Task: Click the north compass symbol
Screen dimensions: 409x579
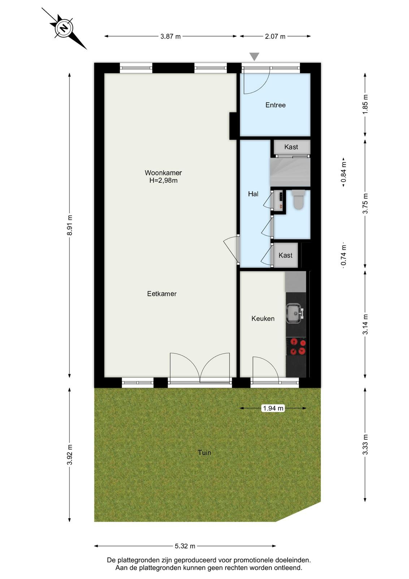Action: click(64, 28)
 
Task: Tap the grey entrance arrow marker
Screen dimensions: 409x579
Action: click(254, 56)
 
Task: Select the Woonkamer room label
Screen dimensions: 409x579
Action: click(163, 173)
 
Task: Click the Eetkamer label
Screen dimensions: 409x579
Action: click(162, 293)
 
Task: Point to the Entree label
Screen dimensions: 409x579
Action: click(275, 105)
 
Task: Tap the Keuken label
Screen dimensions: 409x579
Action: click(263, 318)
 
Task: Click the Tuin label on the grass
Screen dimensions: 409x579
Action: click(204, 453)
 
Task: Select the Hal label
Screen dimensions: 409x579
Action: click(253, 194)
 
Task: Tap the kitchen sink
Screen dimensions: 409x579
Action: click(295, 313)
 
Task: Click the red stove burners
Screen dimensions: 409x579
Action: click(297, 347)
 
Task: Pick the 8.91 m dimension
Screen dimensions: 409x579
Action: click(69, 225)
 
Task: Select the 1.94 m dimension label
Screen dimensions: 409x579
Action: click(273, 408)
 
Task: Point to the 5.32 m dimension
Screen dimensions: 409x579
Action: click(185, 546)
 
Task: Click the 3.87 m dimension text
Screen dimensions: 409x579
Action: click(171, 37)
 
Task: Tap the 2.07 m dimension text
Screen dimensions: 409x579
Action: click(275, 37)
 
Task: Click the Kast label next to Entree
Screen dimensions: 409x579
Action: click(291, 147)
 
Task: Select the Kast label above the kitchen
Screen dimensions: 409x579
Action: click(285, 255)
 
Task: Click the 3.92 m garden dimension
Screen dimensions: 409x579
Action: click(69, 455)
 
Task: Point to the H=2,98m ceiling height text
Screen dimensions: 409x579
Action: click(163, 181)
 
